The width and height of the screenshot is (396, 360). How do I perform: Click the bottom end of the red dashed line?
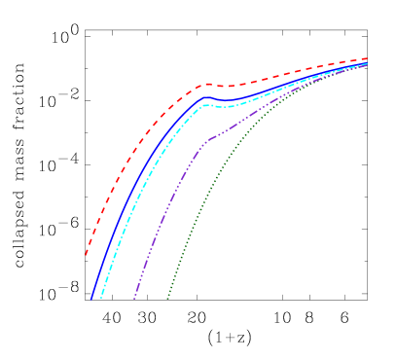[x=86, y=256]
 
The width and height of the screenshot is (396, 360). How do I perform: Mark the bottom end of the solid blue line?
[x=91, y=298]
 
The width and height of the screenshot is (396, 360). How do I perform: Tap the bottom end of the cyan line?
[x=101, y=298]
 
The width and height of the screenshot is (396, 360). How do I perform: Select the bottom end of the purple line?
[x=134, y=298]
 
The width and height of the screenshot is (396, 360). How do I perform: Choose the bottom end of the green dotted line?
[x=167, y=298]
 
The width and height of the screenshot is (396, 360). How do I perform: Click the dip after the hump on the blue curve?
[x=226, y=100]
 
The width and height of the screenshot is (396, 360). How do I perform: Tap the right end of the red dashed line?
[x=368, y=58]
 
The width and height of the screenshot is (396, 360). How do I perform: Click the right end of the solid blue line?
[x=368, y=63]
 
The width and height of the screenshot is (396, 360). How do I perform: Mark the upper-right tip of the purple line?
[x=368, y=65]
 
